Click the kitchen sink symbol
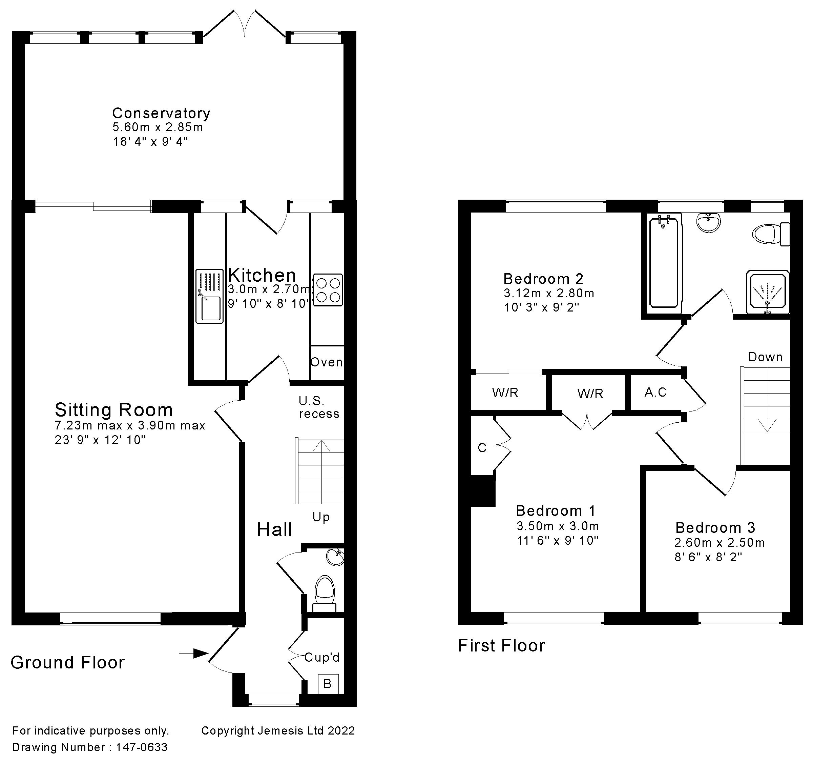pyautogui.click(x=209, y=296)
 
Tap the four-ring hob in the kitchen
pyautogui.click(x=328, y=290)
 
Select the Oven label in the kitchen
pyautogui.click(x=326, y=362)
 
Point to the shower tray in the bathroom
pyautogui.click(x=768, y=291)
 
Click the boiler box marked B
pyautogui.click(x=328, y=684)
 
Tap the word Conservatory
pyautogui.click(x=161, y=113)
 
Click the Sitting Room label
pyautogui.click(x=114, y=409)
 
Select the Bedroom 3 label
pyautogui.click(x=715, y=527)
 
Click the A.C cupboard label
pyautogui.click(x=655, y=392)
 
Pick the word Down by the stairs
pyautogui.click(x=765, y=357)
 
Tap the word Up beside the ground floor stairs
pyautogui.click(x=321, y=518)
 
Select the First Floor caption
pyautogui.click(x=501, y=646)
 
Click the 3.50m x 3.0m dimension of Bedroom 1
pyautogui.click(x=558, y=526)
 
